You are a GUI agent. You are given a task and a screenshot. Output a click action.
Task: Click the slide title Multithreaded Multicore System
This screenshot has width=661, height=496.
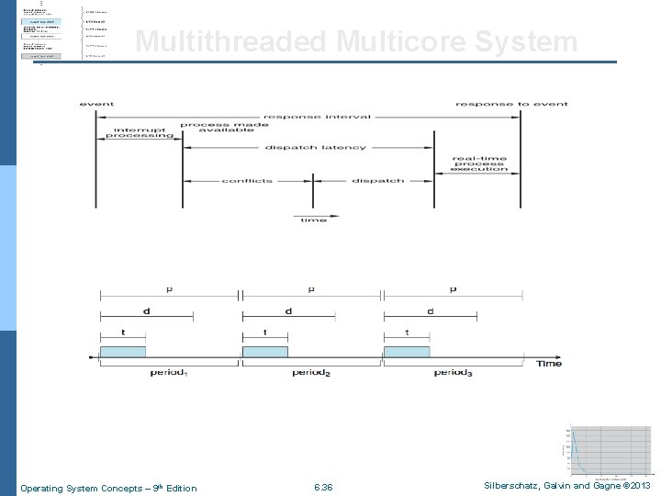coord(356,42)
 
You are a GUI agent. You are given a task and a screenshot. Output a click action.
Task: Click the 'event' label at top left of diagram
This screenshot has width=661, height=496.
coord(97,104)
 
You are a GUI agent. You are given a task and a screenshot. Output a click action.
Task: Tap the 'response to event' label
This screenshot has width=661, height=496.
coord(511,104)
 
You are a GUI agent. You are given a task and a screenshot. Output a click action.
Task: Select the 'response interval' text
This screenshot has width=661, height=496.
coord(318,117)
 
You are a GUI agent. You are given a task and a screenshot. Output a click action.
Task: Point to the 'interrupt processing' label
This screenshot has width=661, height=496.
coord(140,132)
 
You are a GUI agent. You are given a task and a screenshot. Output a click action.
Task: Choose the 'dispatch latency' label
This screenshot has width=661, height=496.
coord(316,147)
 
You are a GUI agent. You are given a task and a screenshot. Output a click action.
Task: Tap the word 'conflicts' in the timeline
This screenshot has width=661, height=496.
coord(247,181)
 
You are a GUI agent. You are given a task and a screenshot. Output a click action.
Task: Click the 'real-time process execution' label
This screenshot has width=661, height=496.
coord(478,163)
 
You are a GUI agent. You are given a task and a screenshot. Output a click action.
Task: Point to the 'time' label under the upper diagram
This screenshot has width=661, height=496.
coord(313,220)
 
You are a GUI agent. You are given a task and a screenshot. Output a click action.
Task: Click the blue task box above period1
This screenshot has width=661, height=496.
coord(123,352)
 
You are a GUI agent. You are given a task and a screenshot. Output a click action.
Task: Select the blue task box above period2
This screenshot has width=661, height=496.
coord(264,352)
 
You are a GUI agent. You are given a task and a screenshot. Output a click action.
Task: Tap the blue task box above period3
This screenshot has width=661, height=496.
coord(407,352)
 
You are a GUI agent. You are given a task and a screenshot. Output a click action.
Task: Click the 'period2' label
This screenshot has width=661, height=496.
coord(311,373)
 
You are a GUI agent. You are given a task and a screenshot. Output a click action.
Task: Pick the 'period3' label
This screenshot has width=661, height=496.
coord(453,373)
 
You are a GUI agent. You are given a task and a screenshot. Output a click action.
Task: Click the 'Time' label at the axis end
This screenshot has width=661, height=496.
coord(549,364)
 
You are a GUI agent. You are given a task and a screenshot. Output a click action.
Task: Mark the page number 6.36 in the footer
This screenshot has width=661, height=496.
coord(323,488)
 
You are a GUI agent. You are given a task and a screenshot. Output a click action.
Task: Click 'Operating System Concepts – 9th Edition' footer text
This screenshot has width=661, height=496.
coord(108,488)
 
